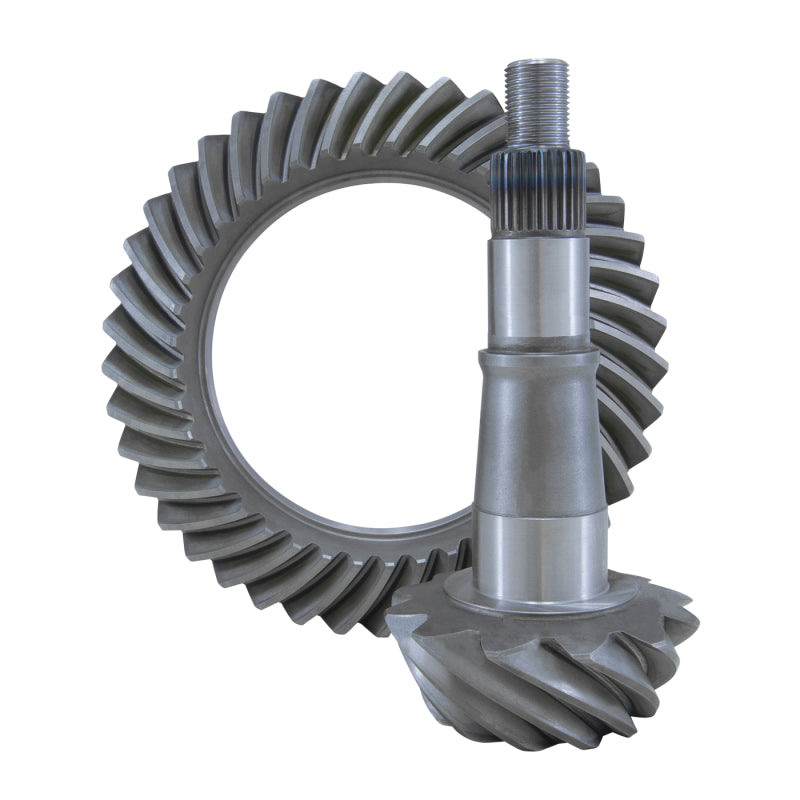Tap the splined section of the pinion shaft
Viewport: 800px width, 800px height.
[540, 195]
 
